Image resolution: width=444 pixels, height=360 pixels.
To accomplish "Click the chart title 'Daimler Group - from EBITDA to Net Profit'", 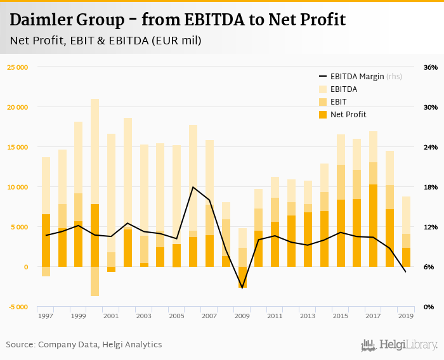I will coord(178,20).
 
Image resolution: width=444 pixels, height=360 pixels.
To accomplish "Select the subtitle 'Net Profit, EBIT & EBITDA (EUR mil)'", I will coord(105,41).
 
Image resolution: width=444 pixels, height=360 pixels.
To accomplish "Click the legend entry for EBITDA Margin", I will coord(358,77).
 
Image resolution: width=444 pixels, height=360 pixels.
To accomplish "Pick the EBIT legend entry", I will coord(339,102).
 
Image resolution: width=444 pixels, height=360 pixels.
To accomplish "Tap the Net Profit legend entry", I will coord(347,115).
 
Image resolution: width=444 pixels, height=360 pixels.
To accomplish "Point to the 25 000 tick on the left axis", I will coord(18,67).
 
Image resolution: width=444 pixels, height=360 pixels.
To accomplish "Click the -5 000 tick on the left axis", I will coord(18,307).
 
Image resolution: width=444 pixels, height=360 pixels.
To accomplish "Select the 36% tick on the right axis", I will coord(430,67).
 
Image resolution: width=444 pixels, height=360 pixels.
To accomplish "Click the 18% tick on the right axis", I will coord(430,187).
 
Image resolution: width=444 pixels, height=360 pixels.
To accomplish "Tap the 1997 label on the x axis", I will coord(46,316).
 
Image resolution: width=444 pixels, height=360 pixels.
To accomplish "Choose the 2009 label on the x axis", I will coord(242,316).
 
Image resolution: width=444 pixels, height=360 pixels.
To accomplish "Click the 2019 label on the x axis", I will coord(406,316).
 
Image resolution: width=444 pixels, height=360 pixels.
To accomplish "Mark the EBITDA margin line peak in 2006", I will coord(193,187).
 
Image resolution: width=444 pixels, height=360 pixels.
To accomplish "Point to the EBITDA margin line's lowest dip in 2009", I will coord(242,288).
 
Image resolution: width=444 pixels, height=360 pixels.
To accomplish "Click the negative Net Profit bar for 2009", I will coord(242,277).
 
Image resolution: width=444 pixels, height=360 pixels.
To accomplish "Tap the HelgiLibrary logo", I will coord(400,345).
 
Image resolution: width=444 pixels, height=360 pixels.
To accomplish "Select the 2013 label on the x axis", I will coord(308,316).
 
